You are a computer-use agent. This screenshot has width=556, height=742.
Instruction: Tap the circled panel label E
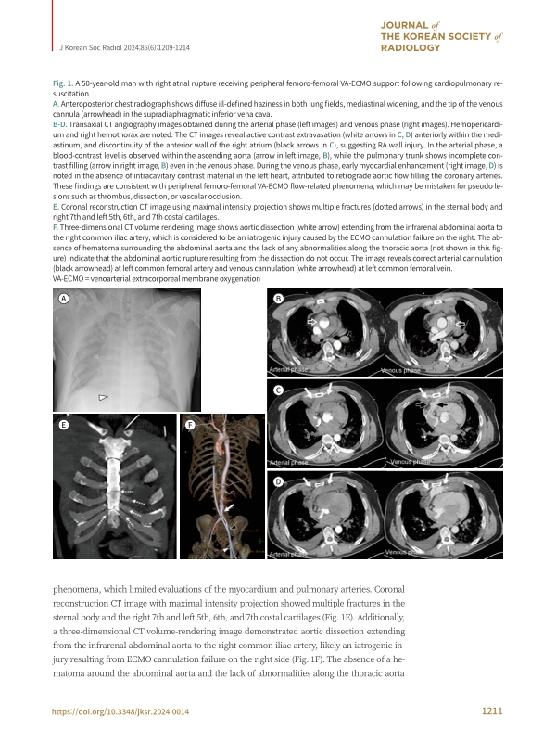62,424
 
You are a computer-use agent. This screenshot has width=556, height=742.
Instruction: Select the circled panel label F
190,425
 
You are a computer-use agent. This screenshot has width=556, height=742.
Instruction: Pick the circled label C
278,391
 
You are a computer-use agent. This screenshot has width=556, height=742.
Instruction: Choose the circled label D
278,483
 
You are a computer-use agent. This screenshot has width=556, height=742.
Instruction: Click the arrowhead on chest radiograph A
104,396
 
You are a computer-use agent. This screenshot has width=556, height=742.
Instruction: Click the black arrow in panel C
442,405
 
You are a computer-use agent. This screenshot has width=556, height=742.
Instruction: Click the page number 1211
492,711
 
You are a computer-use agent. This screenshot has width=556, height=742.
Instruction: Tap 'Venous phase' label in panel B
400,370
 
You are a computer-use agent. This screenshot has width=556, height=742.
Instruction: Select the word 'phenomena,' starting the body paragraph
80,587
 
